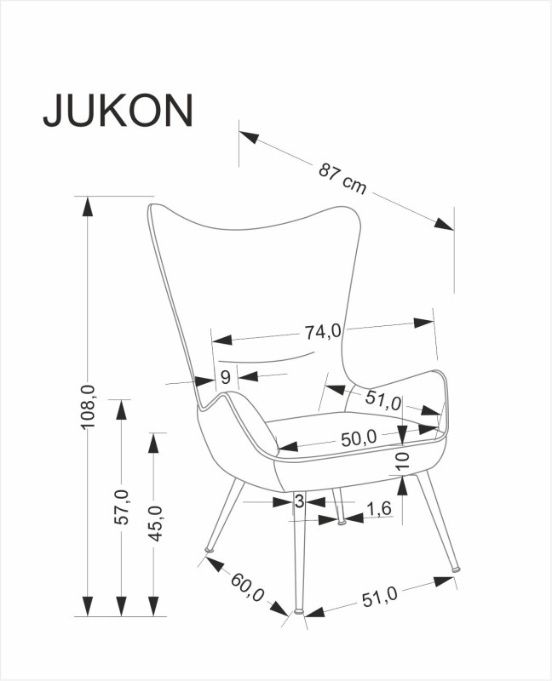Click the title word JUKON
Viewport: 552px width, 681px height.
tap(118, 111)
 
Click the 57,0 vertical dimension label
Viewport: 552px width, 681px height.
tap(122, 507)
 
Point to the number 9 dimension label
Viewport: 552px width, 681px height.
tap(226, 377)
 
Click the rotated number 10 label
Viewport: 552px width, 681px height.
tap(403, 462)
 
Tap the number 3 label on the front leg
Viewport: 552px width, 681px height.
tap(299, 502)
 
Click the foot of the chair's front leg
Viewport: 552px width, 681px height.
tap(298, 610)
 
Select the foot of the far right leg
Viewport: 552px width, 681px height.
tap(455, 567)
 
